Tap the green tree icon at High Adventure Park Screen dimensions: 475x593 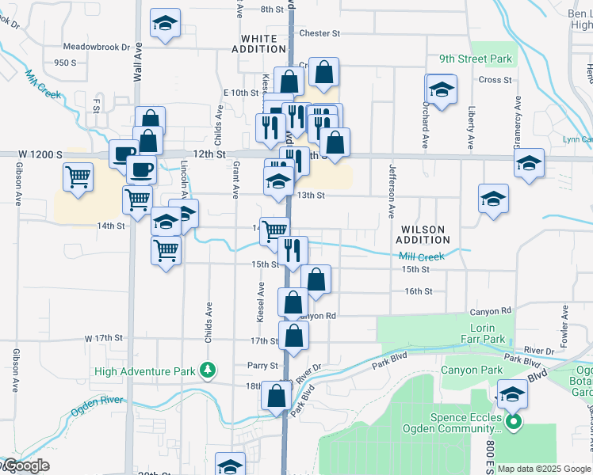point(207,370)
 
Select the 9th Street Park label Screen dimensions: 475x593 point(476,59)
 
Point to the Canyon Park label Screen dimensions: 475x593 point(472,370)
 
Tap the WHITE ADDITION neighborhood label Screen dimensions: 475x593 point(258,44)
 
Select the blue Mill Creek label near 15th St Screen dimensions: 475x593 point(422,256)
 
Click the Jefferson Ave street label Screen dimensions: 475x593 point(392,191)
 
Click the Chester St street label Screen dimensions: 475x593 point(319,33)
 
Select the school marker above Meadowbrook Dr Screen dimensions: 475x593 point(165,24)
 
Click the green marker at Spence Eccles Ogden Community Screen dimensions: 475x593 point(513,421)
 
